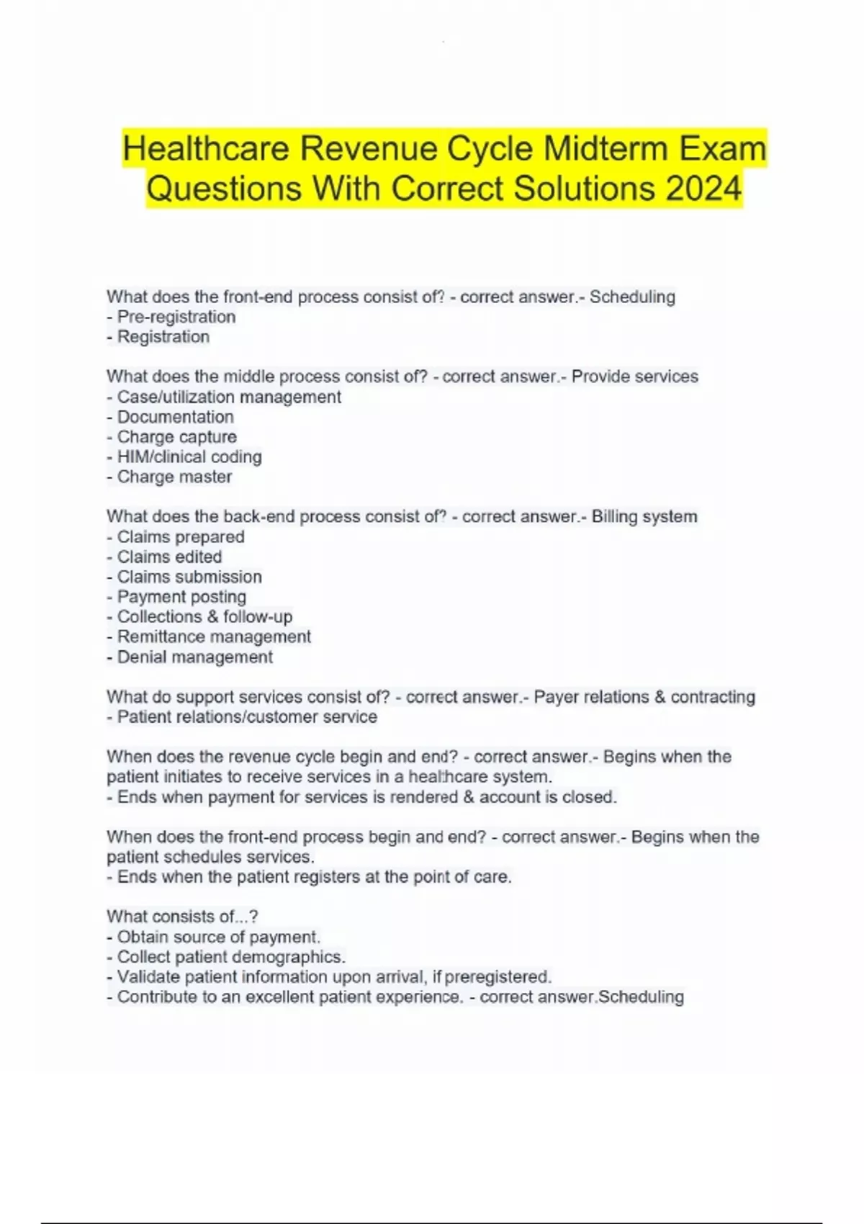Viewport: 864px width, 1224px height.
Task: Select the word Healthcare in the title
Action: (205, 149)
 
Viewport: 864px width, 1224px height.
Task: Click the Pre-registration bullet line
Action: (171, 317)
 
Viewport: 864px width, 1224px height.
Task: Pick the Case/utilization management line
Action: (224, 397)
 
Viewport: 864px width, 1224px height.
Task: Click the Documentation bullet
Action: (171, 417)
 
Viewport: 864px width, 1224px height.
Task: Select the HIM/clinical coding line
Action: (184, 456)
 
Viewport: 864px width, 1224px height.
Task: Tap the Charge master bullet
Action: (170, 477)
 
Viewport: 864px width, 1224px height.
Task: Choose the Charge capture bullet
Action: (172, 437)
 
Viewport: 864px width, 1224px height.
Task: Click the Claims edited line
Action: (165, 557)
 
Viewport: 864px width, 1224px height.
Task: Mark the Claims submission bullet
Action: (184, 577)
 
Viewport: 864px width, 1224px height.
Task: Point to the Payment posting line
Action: (177, 597)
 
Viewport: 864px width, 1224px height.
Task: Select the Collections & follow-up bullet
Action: (200, 617)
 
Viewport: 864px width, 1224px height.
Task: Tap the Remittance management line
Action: (210, 637)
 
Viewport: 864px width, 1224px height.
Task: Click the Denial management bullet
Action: (190, 657)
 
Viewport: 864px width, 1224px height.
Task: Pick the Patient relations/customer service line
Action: (243, 717)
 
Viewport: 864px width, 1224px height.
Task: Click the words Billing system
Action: (644, 517)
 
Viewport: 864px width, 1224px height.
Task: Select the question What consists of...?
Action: (182, 917)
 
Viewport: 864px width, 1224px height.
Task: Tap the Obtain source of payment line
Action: (214, 937)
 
